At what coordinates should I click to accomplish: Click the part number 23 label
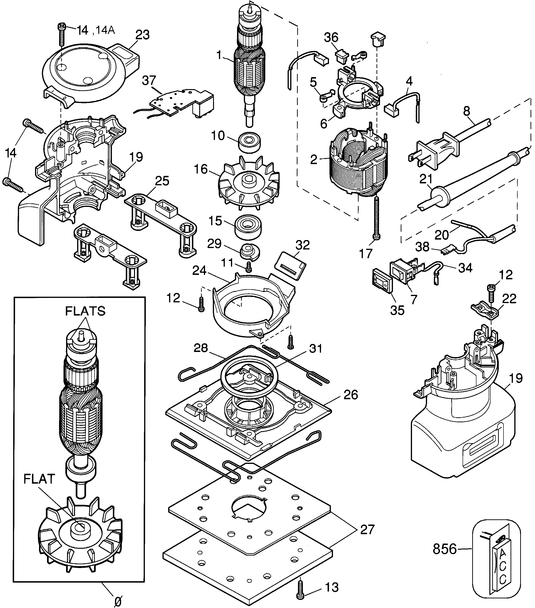click(x=142, y=35)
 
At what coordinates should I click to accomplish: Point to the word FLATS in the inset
click(x=85, y=311)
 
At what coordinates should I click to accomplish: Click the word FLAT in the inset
click(x=39, y=479)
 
